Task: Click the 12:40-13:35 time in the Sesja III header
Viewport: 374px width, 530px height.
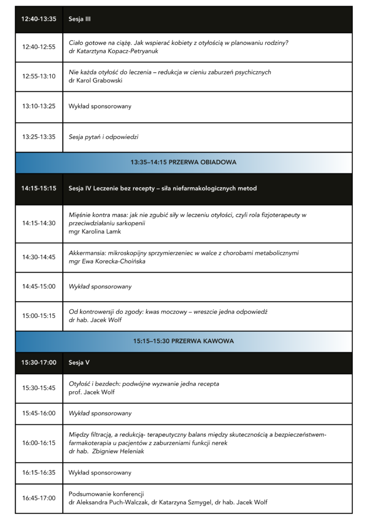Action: point(39,19)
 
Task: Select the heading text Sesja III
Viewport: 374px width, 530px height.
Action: point(80,19)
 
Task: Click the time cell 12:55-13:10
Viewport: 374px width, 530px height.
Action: point(39,76)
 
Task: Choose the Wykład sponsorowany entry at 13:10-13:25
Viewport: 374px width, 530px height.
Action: point(100,106)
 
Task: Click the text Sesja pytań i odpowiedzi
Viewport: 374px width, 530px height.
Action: point(104,137)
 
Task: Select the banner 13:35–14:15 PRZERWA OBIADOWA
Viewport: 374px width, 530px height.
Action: point(183,162)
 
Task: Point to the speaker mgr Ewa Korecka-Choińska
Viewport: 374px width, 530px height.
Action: point(107,261)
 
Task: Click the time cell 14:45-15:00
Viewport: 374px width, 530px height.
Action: point(39,286)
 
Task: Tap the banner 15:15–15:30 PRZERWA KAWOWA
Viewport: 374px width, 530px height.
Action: point(183,341)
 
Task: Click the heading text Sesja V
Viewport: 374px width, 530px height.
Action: point(79,362)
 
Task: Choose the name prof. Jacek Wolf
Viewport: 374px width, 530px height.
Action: point(92,392)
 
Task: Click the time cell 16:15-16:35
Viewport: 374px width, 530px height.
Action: point(39,473)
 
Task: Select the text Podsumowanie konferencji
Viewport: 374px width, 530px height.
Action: point(106,493)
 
